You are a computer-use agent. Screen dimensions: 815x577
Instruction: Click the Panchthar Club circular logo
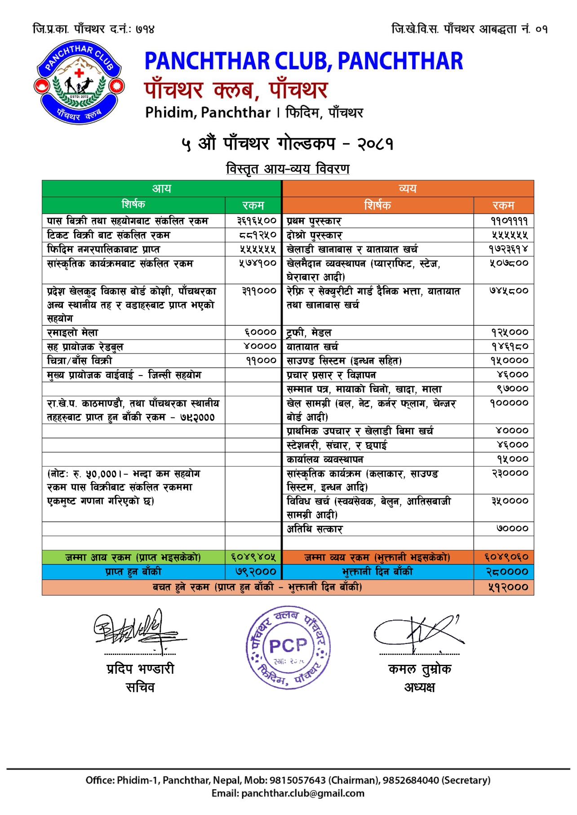pos(79,82)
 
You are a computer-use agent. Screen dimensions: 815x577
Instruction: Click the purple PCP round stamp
pos(288,647)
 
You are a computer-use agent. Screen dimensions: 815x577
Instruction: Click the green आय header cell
pos(161,188)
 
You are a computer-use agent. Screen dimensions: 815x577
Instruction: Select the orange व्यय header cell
pos(408,188)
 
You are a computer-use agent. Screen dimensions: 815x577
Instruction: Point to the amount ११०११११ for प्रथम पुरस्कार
pos(509,221)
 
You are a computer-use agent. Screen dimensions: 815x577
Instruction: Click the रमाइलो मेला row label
pos(73,333)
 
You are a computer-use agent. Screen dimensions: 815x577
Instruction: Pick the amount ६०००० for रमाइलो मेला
pos(260,332)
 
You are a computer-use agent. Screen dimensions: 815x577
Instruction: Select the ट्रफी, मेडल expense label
pos(309,333)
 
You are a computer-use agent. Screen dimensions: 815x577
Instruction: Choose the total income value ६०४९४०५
pos(253,557)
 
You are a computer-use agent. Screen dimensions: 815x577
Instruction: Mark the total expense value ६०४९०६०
pos(506,557)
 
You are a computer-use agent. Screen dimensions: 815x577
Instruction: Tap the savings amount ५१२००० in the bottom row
pos(508,587)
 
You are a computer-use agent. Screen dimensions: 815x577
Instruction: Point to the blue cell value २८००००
pos(507,572)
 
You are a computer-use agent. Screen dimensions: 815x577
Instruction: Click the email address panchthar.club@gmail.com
pos(302,793)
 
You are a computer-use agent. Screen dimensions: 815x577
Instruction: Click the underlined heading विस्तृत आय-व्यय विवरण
pos(288,169)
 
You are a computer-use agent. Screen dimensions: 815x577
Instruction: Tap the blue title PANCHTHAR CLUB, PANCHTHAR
pos(303,61)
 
